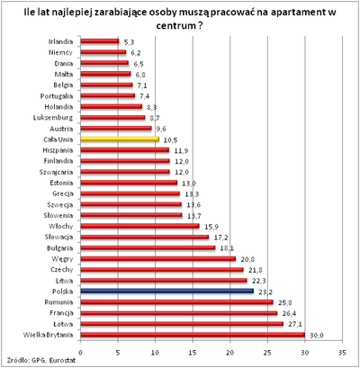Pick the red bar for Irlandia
pos(99,42)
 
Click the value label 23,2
pos(265,292)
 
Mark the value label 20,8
pos(248,259)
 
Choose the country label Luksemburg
pos(55,118)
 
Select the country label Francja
pos(59,312)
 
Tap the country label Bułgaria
pos(58,247)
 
